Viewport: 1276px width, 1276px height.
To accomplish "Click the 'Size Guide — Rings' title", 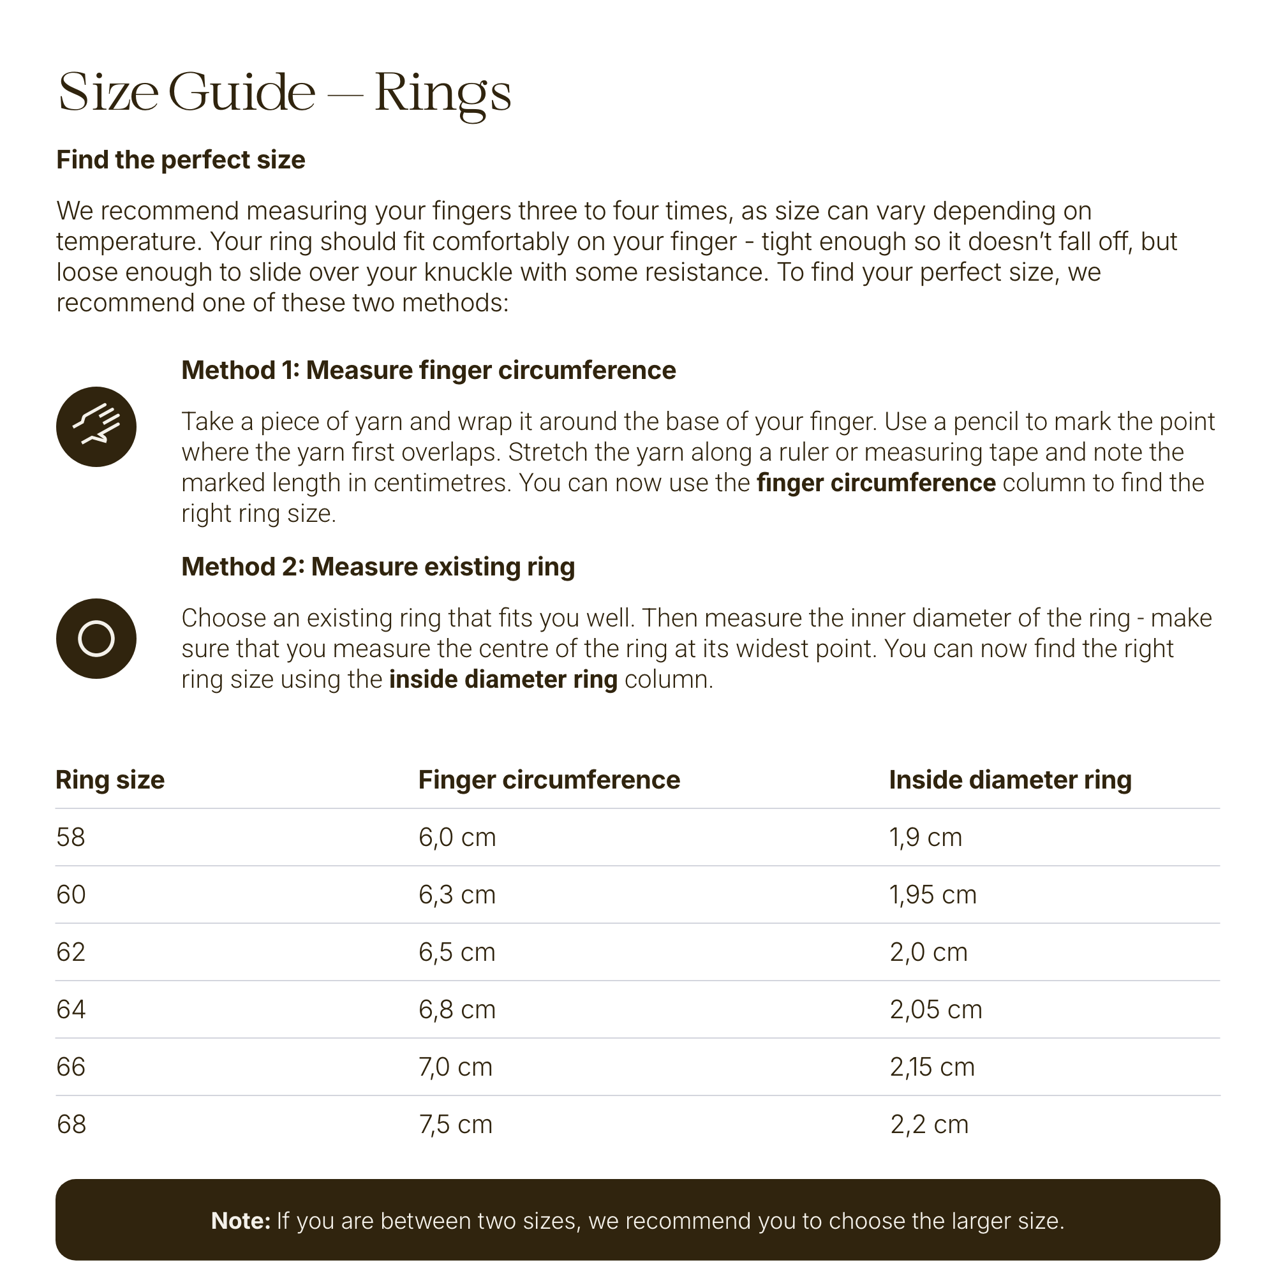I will (x=285, y=93).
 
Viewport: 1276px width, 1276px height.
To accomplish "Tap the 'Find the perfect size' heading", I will (x=181, y=160).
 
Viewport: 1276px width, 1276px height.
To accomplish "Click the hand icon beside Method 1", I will (x=96, y=427).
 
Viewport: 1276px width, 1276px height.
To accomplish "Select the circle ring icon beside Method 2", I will (x=96, y=638).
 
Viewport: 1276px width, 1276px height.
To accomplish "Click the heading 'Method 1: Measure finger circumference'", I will (x=428, y=371).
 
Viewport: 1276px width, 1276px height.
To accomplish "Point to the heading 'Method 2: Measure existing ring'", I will (x=378, y=567).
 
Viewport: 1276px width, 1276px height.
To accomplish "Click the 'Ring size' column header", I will (x=110, y=780).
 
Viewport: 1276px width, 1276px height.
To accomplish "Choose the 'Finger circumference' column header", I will (x=549, y=780).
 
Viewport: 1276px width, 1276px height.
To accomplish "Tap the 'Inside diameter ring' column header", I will (x=1010, y=780).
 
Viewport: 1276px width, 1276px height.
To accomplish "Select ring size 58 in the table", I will (x=71, y=838).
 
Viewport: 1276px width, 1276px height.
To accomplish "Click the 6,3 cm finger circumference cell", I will (x=456, y=895).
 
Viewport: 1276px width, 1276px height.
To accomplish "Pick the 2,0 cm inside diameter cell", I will (x=928, y=953).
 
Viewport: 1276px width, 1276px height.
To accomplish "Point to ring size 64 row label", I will (x=71, y=1010).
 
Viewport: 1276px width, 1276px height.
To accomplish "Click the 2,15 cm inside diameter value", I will (x=932, y=1067).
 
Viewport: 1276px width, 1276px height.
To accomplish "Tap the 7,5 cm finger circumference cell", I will (x=455, y=1125).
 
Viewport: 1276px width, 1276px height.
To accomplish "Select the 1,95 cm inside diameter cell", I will (x=933, y=895).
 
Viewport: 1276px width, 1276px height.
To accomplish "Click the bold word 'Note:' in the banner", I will (x=241, y=1221).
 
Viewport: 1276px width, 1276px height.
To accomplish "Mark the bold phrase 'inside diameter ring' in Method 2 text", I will (x=503, y=679).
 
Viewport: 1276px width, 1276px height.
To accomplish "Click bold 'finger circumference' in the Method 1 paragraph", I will (x=876, y=483).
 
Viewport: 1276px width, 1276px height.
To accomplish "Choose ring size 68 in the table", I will (x=71, y=1125).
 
